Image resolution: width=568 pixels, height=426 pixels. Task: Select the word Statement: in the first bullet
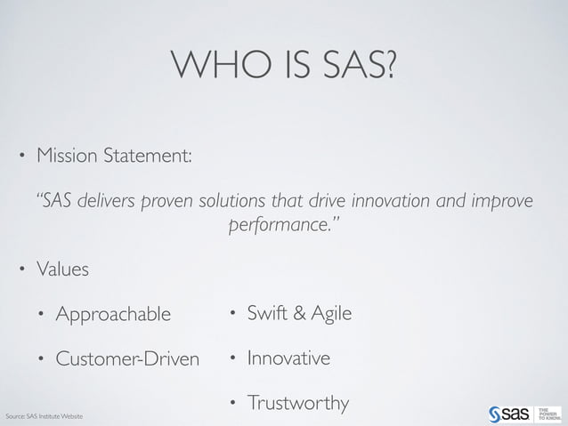tap(150, 157)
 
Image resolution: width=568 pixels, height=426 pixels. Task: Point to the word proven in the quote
tap(167, 200)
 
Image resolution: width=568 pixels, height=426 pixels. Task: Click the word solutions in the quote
tap(231, 200)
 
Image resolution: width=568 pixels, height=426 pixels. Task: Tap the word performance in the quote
tap(281, 223)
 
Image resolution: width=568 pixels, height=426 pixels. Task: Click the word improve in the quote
tap(502, 200)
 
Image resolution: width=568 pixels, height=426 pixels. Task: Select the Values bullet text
tap(62, 269)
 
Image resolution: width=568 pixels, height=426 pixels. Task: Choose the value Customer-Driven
tap(127, 359)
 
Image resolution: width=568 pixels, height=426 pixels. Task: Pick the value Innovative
tap(288, 359)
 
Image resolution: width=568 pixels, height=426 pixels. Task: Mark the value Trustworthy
tap(297, 405)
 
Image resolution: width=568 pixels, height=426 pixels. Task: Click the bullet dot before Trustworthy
tap(232, 406)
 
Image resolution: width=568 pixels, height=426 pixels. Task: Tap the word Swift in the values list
tap(266, 314)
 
